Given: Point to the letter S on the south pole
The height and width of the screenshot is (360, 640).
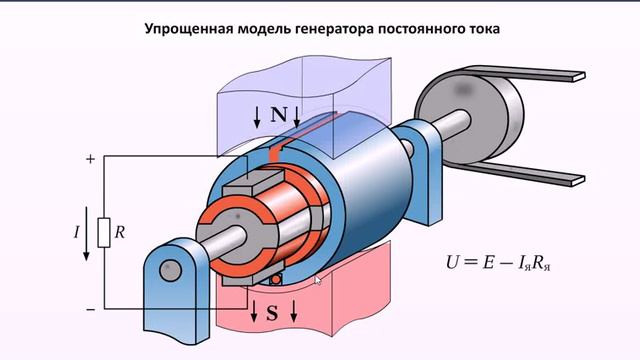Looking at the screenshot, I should coord(272,313).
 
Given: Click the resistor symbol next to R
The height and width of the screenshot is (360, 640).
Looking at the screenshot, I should coord(102,232).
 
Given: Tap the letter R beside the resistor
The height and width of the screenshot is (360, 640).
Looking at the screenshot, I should coord(120,233).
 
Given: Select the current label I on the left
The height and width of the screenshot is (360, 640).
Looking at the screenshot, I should coord(77,233).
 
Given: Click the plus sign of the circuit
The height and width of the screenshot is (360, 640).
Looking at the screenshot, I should coord(90,158).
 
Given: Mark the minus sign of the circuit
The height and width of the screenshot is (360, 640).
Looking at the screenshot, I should coord(90,309).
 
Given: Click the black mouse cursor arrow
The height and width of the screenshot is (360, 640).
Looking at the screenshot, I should coord(319,280).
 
